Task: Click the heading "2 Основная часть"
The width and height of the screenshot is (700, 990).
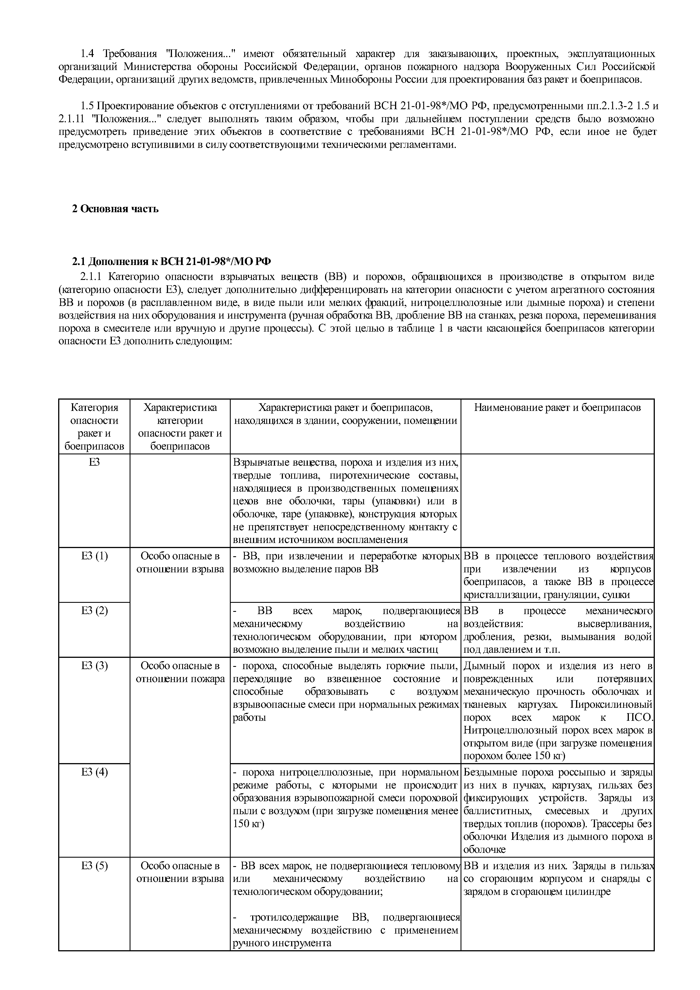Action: click(x=115, y=209)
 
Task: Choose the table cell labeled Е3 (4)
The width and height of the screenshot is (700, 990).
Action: click(x=95, y=772)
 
